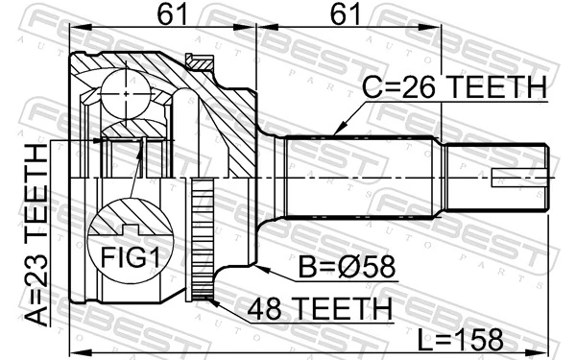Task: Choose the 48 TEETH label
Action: tap(319, 309)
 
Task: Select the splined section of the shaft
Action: tap(365, 178)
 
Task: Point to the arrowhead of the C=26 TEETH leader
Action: tap(334, 132)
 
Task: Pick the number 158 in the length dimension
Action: tap(483, 339)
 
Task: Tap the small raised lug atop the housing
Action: tap(201, 60)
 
